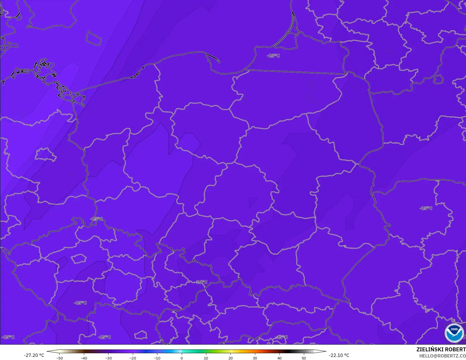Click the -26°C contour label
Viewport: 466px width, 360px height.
(x=201, y=282)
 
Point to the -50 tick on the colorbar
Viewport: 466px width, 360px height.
(x=59, y=358)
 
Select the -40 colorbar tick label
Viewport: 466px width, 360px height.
(x=84, y=358)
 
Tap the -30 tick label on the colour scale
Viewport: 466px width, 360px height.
(x=108, y=358)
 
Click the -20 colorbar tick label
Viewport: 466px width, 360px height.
(x=133, y=358)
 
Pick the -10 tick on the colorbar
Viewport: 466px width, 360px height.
(x=157, y=358)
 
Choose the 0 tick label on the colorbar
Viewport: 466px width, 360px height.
(x=182, y=358)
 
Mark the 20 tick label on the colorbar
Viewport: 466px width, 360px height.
(x=230, y=358)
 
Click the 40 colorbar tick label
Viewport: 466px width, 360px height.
(x=279, y=358)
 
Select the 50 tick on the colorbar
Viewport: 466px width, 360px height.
(x=304, y=358)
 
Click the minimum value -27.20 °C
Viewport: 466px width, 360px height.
(x=34, y=355)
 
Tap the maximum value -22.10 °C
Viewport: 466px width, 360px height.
(x=339, y=355)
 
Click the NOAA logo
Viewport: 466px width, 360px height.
(x=454, y=333)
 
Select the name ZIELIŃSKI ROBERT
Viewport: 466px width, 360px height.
(x=441, y=349)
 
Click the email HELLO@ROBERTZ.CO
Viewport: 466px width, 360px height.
(x=442, y=356)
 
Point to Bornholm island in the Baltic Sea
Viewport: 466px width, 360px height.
(x=93, y=38)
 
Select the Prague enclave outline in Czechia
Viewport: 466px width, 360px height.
(x=79, y=259)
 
